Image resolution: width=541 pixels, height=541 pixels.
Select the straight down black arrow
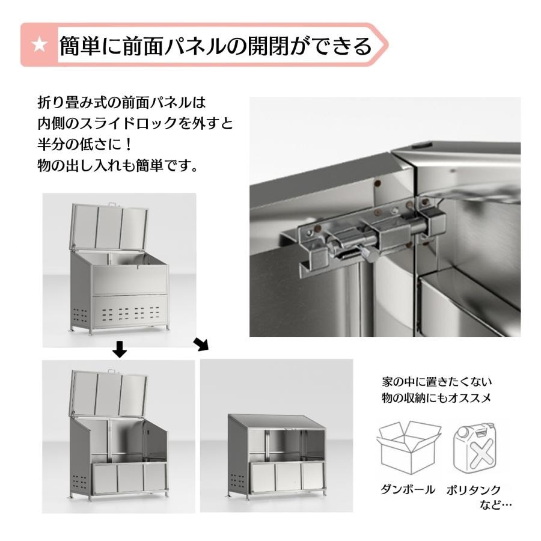point(120,349)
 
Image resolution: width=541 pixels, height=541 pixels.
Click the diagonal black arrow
point(201,344)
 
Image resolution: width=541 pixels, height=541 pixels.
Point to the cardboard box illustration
point(409,447)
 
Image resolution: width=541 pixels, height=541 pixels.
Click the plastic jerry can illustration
point(475,449)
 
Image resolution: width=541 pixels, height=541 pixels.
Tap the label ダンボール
point(408,489)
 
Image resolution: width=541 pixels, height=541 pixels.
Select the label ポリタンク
point(474,489)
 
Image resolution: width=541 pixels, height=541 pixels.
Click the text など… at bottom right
point(495,505)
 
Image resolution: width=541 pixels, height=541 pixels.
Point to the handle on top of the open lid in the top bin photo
point(111,204)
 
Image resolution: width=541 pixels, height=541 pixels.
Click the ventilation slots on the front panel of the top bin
point(131,313)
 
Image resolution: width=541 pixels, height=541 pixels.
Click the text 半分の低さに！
point(85,144)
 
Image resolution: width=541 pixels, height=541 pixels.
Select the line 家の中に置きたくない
point(437,382)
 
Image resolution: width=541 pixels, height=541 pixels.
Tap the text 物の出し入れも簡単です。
point(118,166)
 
